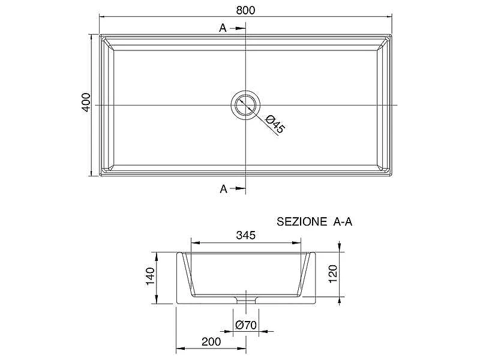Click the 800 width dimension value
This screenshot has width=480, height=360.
(x=245, y=10)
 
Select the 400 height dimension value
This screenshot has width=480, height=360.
(x=86, y=102)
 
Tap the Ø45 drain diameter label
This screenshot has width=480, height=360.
(x=275, y=124)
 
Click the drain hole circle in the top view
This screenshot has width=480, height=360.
(x=245, y=91)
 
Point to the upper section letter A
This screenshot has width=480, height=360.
(x=223, y=28)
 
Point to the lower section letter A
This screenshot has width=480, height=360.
(x=223, y=189)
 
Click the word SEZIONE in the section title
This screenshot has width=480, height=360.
(x=302, y=221)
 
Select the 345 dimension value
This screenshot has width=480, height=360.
(x=245, y=235)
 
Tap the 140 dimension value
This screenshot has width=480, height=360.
(x=150, y=276)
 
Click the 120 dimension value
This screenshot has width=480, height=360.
(x=332, y=274)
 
